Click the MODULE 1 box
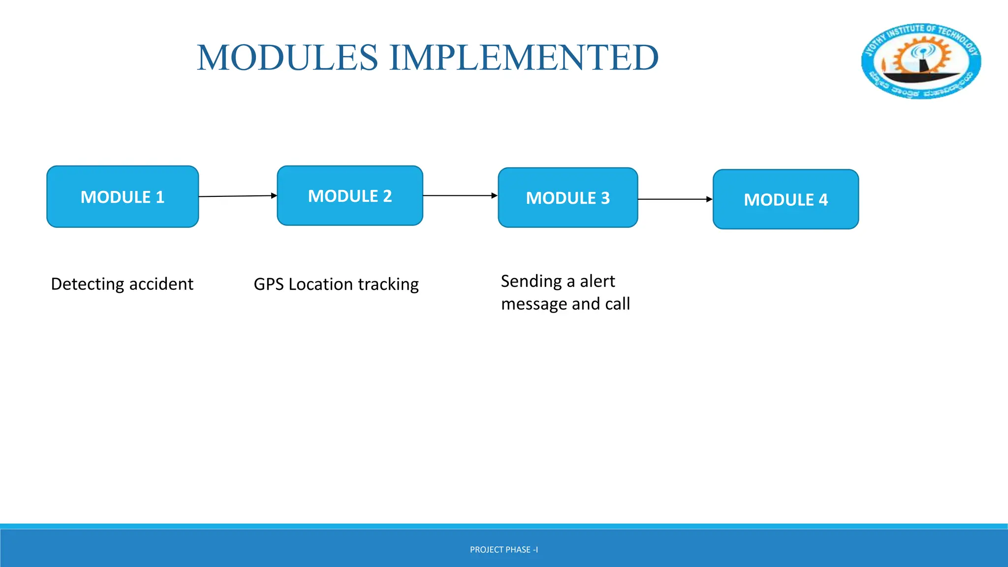123,197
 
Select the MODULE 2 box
350,196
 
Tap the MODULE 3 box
568,198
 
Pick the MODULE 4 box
786,199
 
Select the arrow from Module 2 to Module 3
460,195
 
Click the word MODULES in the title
287,58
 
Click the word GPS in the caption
268,284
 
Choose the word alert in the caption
597,281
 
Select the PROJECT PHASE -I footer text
504,550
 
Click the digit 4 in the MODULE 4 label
823,200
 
